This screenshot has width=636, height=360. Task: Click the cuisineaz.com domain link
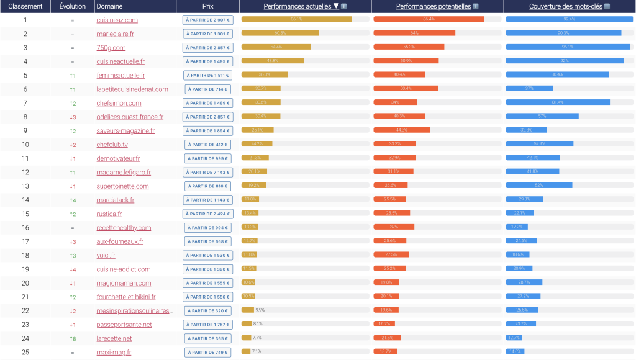point(117,20)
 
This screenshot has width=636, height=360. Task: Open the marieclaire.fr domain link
point(115,34)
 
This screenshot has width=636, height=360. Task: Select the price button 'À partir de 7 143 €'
point(207,172)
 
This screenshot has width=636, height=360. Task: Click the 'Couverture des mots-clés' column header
point(566,6)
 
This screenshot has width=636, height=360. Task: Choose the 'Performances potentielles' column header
point(434,6)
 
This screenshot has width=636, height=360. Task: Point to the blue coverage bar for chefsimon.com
point(557,102)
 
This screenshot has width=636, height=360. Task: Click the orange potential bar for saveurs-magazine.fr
point(401,130)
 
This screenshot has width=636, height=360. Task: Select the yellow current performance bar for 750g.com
point(276,47)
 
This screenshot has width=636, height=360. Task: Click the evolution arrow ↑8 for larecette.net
point(73,338)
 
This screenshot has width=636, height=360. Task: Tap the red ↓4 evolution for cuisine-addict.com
point(73,269)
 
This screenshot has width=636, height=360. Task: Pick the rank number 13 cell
point(25,186)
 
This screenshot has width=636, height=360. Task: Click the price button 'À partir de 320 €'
point(207,310)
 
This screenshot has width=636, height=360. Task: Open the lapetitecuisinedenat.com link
point(132,89)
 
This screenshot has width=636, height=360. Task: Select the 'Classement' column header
point(25,6)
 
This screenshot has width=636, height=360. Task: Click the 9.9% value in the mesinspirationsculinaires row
point(260,310)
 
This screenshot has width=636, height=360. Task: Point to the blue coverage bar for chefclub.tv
point(539,144)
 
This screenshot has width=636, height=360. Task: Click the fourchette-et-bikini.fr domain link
point(125,297)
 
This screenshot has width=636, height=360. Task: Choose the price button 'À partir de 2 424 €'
point(207,214)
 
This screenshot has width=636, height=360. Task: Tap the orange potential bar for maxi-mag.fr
point(385,352)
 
